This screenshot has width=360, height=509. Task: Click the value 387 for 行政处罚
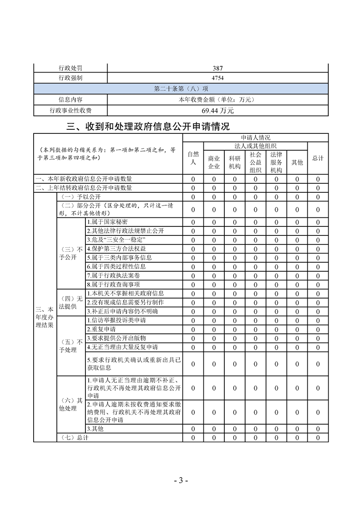coord(217,68)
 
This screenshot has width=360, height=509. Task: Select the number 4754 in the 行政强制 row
coord(217,78)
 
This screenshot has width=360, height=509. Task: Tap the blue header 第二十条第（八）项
coord(181,88)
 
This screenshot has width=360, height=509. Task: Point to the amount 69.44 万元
coord(217,110)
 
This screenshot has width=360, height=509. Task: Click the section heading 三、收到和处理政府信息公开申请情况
coord(148,127)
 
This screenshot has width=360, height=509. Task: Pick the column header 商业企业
coord(214,162)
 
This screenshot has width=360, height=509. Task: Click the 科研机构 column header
coord(235,162)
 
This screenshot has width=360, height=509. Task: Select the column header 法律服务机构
coord(276,162)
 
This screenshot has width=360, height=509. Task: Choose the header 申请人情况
coord(255,137)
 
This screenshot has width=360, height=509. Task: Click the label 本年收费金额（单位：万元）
coord(217,99)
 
